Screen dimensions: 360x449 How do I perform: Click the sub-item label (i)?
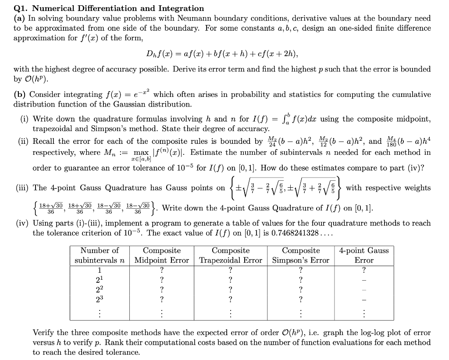click(x=25, y=119)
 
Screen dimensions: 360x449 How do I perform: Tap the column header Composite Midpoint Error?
click(x=162, y=255)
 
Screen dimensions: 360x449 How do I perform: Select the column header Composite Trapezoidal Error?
click(x=231, y=255)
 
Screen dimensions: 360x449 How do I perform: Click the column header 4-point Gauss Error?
click(x=364, y=255)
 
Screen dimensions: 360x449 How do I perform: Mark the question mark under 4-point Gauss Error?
click(x=364, y=270)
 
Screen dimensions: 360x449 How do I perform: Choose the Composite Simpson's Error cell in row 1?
click(x=301, y=270)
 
